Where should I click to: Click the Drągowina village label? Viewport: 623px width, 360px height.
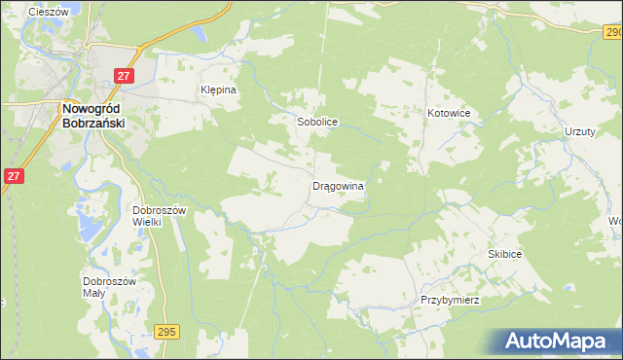point(338,185)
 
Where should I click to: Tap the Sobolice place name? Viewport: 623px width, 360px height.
point(316,124)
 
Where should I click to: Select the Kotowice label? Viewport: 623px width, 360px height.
point(449,114)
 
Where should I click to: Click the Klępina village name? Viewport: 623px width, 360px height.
point(219,88)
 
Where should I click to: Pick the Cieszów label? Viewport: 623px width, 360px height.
point(48,12)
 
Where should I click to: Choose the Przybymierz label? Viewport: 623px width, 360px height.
point(450,300)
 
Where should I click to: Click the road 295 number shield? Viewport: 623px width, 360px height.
point(165,332)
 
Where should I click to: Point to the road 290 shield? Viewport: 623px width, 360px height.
point(610,33)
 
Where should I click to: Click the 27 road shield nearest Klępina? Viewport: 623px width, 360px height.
point(123,75)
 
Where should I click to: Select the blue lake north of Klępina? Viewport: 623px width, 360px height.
point(202,34)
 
